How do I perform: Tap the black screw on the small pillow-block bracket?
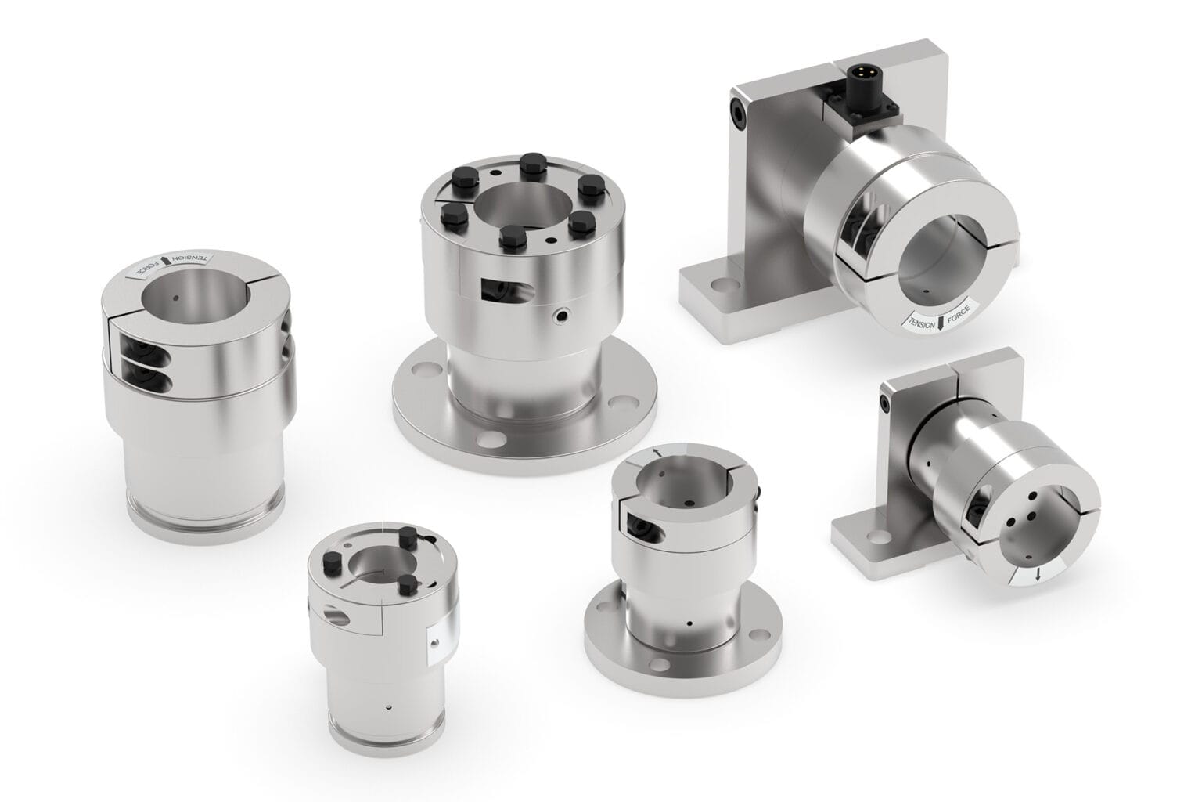885,403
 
